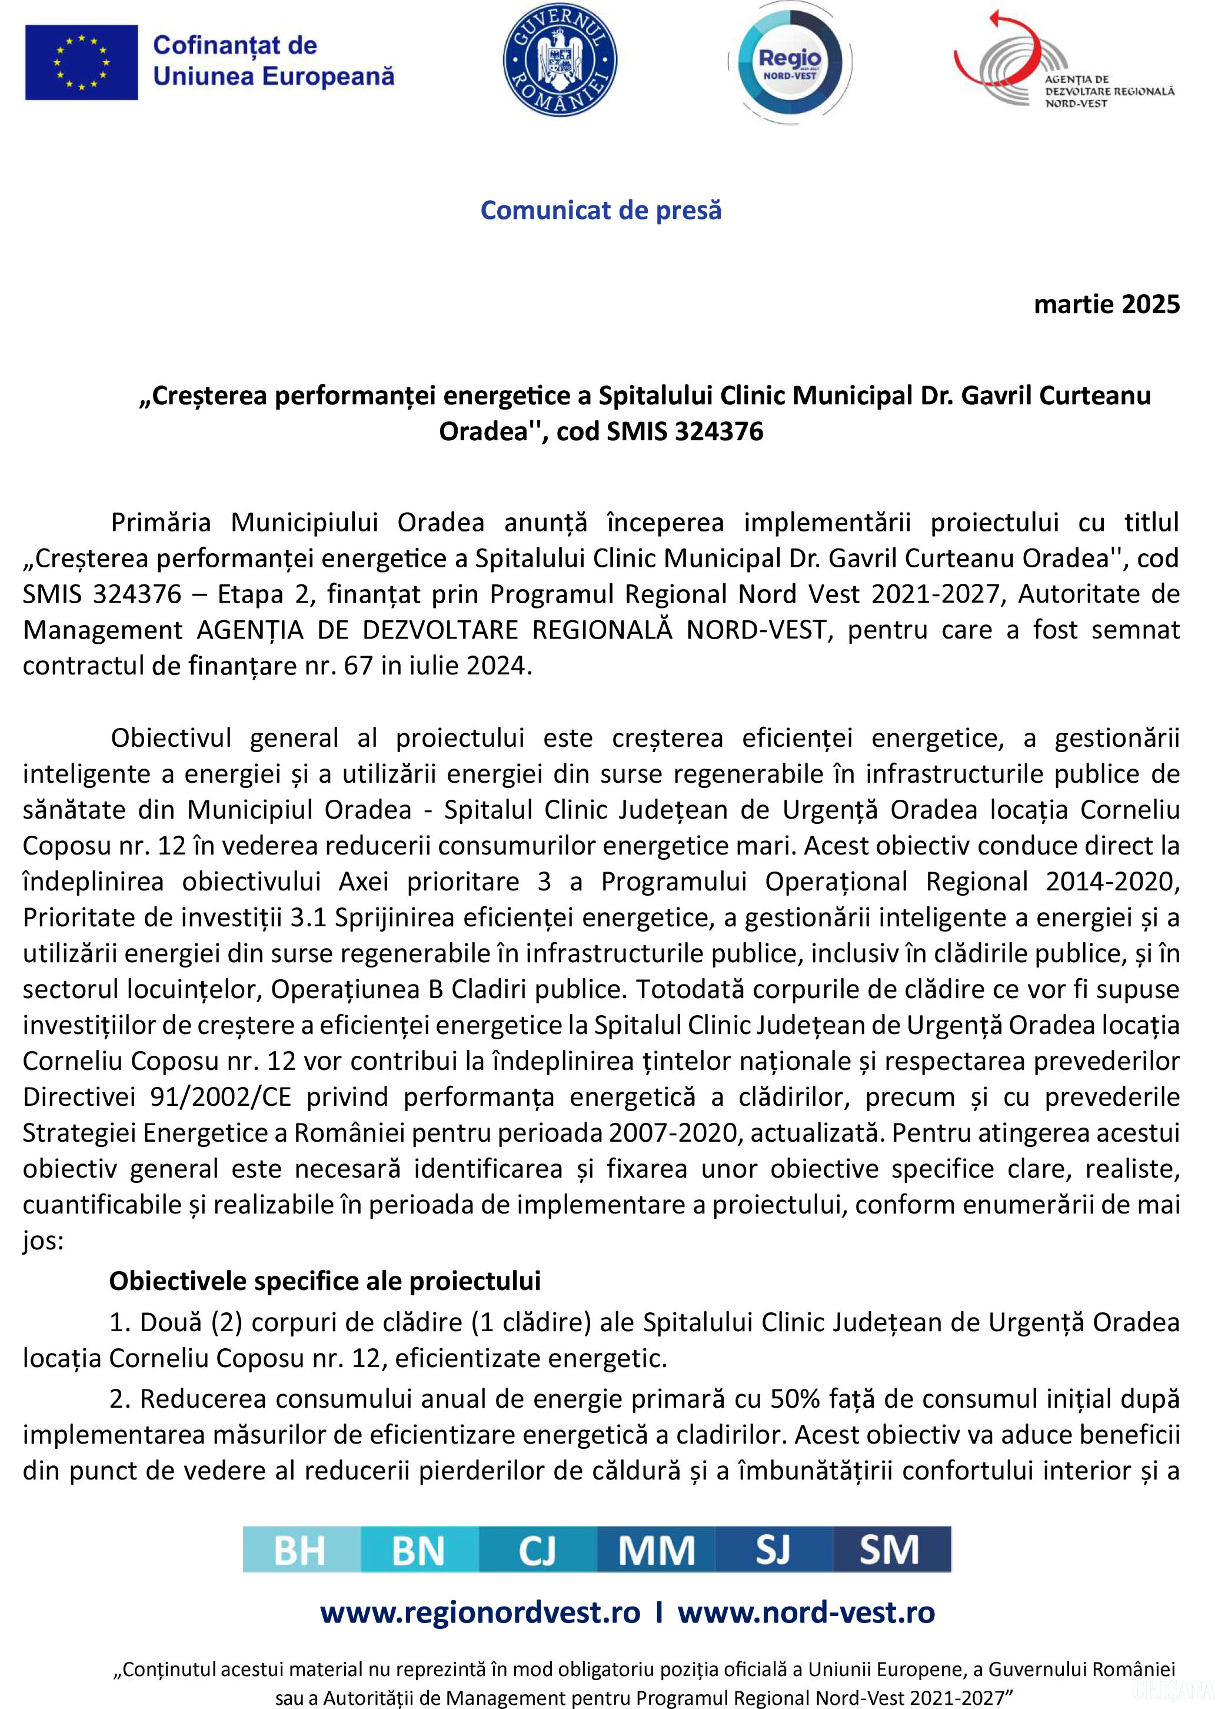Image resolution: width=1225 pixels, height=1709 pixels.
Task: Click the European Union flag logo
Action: [81, 62]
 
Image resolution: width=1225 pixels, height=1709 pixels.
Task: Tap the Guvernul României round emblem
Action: [560, 62]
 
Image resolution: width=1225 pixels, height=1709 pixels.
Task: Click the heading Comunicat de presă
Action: [601, 210]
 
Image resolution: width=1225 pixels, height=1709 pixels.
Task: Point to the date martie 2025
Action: [1106, 304]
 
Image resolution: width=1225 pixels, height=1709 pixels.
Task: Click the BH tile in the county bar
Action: [301, 1551]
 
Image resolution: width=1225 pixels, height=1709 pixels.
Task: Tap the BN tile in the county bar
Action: [420, 1551]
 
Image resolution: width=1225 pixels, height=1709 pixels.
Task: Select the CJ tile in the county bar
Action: [537, 1551]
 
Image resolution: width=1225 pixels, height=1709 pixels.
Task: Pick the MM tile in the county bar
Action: [655, 1551]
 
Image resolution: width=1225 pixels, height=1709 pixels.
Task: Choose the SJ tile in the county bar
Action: [774, 1551]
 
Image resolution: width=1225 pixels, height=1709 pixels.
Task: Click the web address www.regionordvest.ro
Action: [480, 1612]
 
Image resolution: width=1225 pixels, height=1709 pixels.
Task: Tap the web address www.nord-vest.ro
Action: [806, 1612]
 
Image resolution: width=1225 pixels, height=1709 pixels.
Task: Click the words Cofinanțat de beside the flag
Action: [235, 45]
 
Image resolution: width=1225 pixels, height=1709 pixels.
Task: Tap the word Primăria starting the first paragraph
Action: [161, 522]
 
